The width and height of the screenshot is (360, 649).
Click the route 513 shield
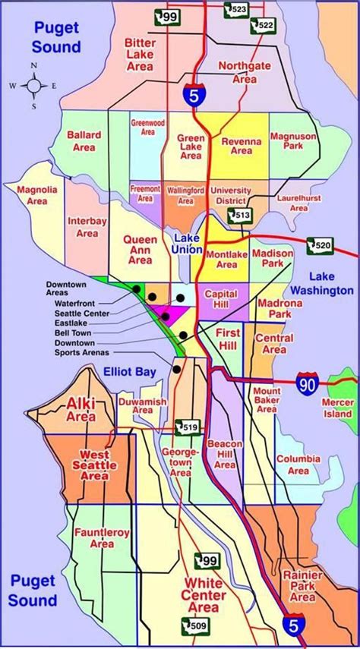(x=242, y=216)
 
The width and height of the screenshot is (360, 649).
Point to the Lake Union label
(x=186, y=243)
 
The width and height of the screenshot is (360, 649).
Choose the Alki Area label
(x=81, y=409)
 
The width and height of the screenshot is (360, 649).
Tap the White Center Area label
(x=204, y=595)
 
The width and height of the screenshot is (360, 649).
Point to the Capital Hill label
(x=221, y=299)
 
